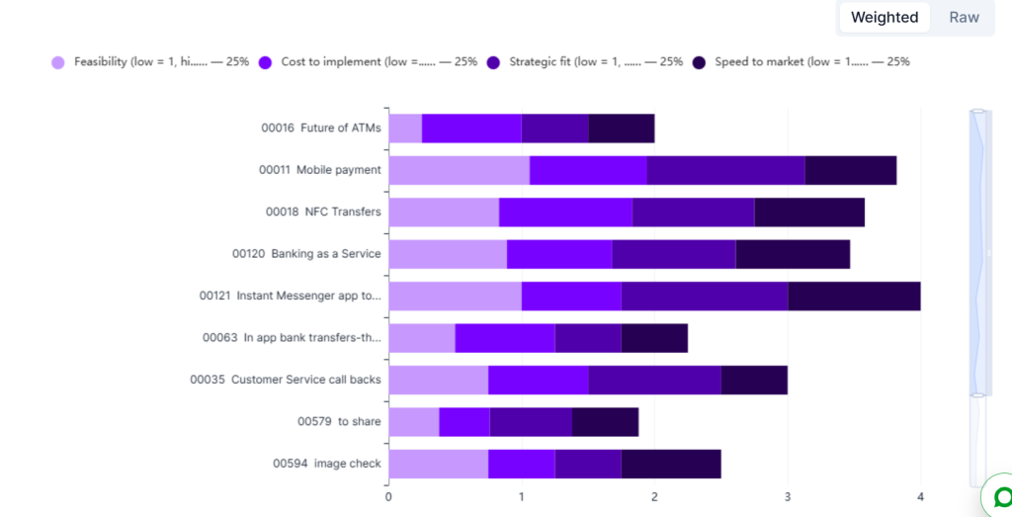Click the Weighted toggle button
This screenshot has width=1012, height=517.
click(x=885, y=18)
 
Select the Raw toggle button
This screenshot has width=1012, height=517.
click(x=964, y=18)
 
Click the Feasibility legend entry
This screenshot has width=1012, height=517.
click(x=150, y=62)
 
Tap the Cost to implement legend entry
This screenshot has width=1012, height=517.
click(x=368, y=62)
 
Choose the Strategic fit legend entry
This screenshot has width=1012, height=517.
click(x=585, y=62)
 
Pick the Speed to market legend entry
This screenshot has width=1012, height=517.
click(x=801, y=62)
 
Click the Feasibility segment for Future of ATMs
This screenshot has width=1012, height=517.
click(x=405, y=129)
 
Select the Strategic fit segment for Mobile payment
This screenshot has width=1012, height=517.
click(x=725, y=170)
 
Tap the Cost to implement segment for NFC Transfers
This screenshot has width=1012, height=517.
click(x=565, y=213)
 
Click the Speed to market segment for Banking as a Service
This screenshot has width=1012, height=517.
click(x=793, y=254)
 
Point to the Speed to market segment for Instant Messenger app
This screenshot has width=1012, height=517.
click(x=854, y=297)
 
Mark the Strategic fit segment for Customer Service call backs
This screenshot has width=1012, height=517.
click(x=654, y=381)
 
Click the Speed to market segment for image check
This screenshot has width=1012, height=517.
click(x=671, y=464)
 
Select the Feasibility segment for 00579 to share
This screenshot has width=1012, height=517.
click(x=414, y=422)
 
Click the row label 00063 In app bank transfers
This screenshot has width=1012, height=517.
click(x=292, y=337)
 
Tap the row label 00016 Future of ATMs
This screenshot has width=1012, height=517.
click(x=321, y=128)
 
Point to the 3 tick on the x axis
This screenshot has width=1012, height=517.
click(x=788, y=497)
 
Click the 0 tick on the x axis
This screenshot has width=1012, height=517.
click(x=388, y=497)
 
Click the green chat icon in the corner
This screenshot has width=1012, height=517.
click(x=1000, y=497)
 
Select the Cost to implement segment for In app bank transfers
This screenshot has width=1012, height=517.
click(x=505, y=338)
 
